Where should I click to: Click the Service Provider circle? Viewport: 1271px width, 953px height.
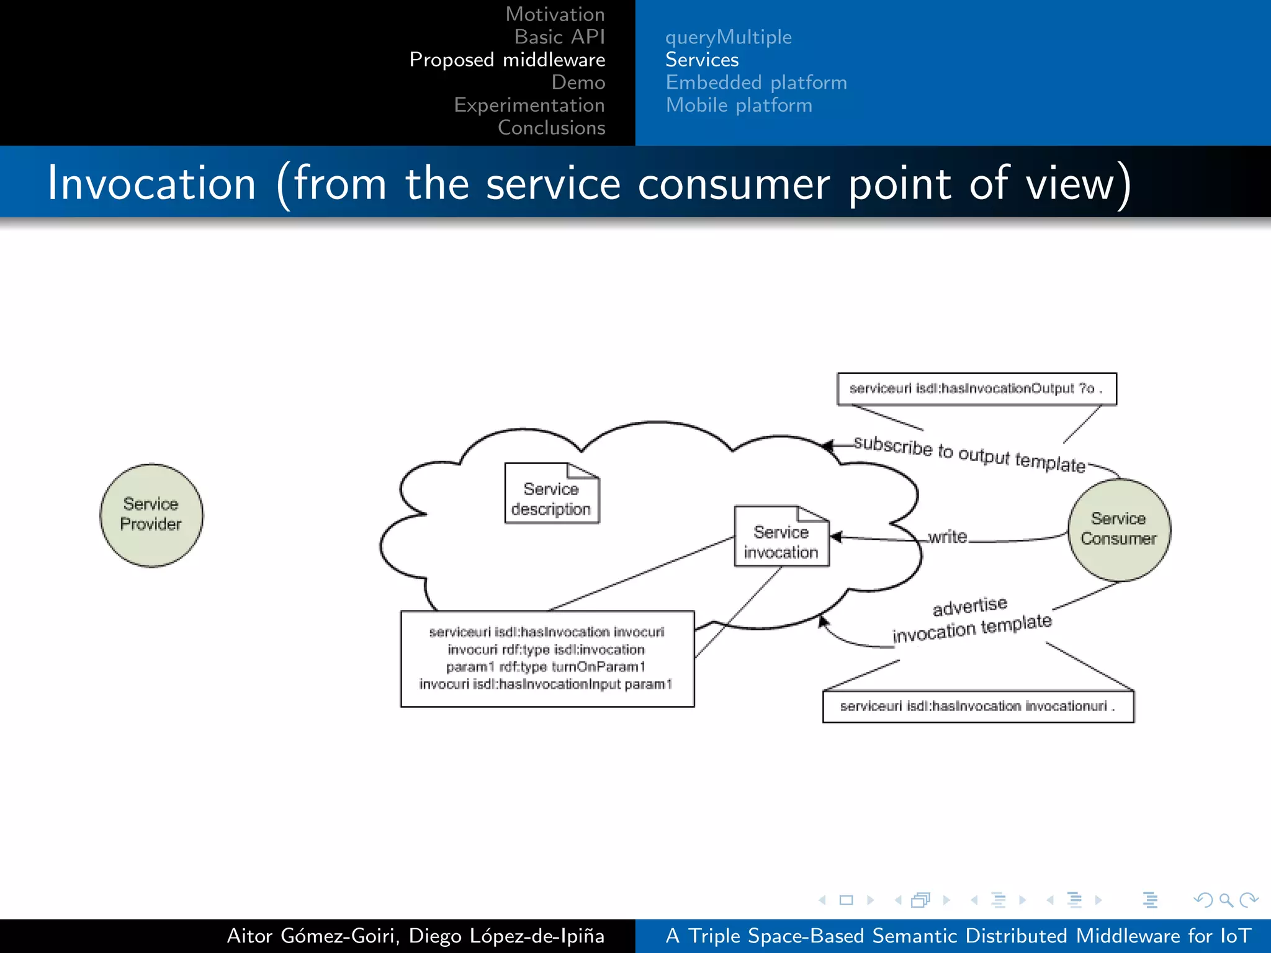(x=151, y=515)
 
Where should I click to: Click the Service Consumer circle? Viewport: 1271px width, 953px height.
(x=1118, y=529)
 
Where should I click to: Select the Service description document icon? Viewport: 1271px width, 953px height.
(x=551, y=494)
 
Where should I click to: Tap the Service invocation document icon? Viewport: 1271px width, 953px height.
(x=781, y=537)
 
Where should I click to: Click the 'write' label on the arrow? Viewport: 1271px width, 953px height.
(x=947, y=537)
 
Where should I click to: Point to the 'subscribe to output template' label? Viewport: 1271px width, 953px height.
(x=969, y=454)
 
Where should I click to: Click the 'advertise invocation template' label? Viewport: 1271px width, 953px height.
(x=971, y=619)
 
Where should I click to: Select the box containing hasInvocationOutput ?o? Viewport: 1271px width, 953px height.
(x=976, y=389)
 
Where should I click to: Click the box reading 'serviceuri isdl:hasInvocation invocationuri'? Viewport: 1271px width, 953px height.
(x=977, y=707)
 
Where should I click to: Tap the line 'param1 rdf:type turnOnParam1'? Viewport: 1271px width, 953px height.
(x=546, y=667)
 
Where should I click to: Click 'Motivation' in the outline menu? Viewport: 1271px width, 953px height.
(x=554, y=14)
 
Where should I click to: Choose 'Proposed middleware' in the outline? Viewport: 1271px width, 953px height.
(x=507, y=60)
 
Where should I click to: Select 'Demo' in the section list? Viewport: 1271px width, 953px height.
(x=578, y=83)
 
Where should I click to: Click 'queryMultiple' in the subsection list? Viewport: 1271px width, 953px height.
(x=728, y=37)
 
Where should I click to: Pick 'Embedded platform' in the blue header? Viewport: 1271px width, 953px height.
(x=756, y=83)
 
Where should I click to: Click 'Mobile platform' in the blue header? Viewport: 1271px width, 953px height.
(x=739, y=105)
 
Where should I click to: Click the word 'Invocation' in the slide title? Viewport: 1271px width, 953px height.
(x=151, y=184)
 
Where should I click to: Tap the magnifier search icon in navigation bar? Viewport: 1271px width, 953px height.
(x=1226, y=900)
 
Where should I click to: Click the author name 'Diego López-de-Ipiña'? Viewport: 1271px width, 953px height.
(x=506, y=936)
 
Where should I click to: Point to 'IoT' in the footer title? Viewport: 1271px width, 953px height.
(x=1235, y=936)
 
